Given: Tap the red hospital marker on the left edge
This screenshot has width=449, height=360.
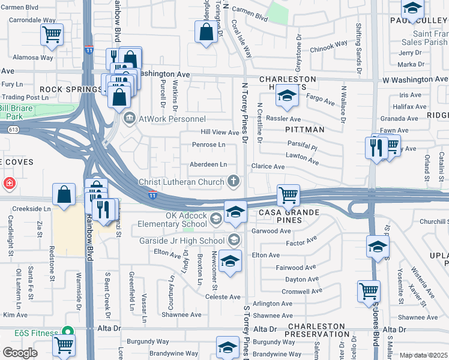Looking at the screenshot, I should (9, 183).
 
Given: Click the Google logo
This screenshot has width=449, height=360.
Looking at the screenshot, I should (19, 353).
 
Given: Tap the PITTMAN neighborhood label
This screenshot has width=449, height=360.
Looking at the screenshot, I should (304, 130).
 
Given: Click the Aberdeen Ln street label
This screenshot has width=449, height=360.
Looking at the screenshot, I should (208, 164).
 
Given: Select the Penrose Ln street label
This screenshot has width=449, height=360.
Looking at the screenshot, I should (208, 145).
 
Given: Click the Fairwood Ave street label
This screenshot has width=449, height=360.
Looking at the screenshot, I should (292, 268).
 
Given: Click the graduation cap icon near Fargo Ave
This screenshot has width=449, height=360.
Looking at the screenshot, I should (288, 97).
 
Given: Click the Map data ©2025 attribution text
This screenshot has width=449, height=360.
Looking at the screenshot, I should (424, 355).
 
